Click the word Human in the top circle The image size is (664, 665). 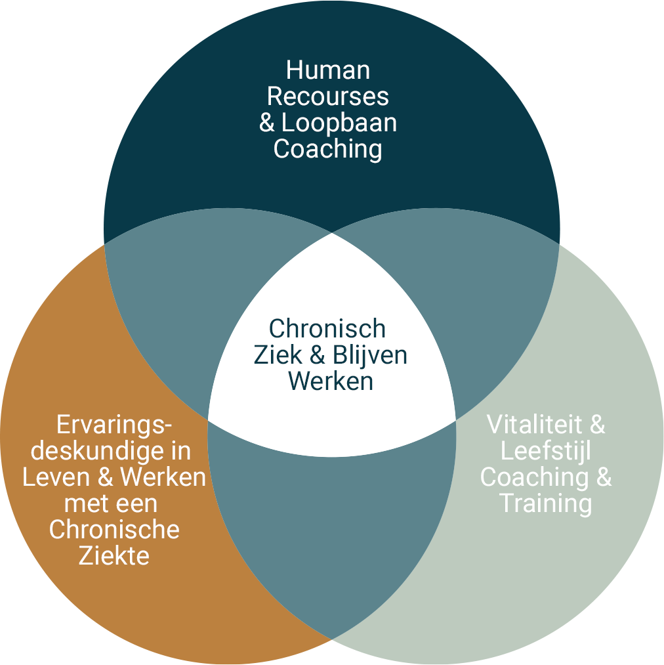328,70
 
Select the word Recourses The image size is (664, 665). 328,97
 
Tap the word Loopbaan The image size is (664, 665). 339,123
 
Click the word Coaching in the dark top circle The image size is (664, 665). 328,149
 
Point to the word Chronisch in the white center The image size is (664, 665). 327,329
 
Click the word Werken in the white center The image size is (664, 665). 331,381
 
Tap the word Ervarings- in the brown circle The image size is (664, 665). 114,425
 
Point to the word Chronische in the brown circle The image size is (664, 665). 114,530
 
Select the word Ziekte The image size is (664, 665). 114,556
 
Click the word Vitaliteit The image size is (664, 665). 534,425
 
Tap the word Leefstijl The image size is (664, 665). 546,451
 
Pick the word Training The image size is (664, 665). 546,504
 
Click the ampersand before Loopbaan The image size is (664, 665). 267,123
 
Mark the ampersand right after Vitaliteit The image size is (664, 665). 597,425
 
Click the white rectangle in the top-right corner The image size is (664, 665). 597,55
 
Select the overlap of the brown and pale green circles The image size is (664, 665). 331,525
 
